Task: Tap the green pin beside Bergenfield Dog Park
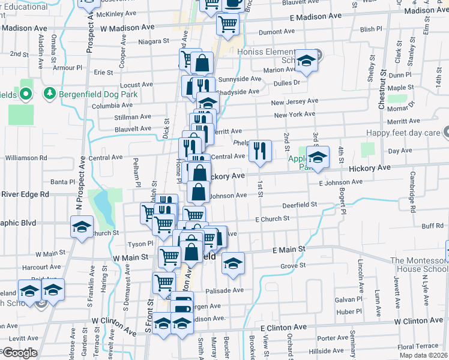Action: coord(49,94)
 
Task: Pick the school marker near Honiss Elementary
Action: coord(306,61)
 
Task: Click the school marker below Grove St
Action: coord(233,263)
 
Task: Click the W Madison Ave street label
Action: coord(127,28)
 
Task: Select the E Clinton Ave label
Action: coord(283,328)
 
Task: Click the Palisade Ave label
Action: coord(227,290)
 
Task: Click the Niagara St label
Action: coord(154,41)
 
